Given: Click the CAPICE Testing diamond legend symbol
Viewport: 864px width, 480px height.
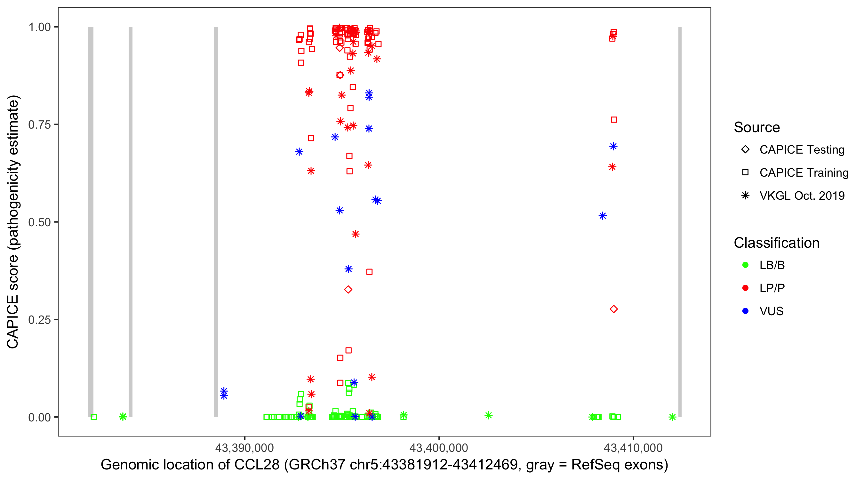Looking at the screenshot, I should [x=745, y=149].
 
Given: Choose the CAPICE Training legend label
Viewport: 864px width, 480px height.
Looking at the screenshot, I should [x=804, y=172].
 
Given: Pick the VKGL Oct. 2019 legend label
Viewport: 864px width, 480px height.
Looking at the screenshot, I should [x=802, y=196].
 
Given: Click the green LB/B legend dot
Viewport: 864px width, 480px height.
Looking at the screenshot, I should [x=745, y=265].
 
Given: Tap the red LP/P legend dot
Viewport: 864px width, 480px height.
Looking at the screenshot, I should [x=745, y=288].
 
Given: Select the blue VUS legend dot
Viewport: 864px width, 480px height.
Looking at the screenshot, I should [x=745, y=311].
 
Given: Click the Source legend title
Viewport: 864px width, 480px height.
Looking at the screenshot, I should [x=757, y=127].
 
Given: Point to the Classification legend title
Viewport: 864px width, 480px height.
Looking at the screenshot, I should [x=776, y=243].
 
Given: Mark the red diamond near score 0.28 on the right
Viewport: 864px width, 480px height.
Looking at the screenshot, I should [x=613, y=309].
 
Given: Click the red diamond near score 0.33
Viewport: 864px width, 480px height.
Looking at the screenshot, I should [x=348, y=290].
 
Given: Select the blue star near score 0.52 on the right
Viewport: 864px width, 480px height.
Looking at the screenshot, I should [x=602, y=216].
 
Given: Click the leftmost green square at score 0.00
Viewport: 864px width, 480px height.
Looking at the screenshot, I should [x=94, y=417].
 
